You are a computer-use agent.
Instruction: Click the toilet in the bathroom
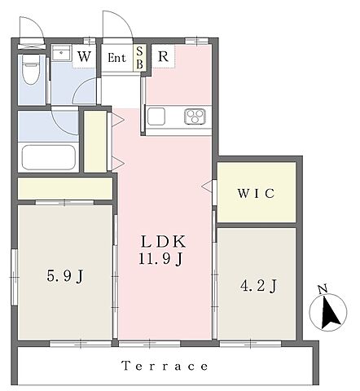[x=31, y=69]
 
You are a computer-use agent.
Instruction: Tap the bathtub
[x=48, y=157]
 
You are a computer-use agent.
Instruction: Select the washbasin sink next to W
[x=62, y=53]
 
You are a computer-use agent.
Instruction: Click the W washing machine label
[x=84, y=56]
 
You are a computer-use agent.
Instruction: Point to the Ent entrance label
[x=116, y=58]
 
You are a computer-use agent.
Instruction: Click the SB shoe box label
[x=140, y=58]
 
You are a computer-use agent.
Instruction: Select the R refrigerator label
[x=163, y=56]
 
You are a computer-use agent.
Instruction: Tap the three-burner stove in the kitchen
[x=195, y=116]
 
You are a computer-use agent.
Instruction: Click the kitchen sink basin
[x=156, y=116]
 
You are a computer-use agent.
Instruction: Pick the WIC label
[x=256, y=193]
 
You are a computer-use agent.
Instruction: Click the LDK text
[x=164, y=241]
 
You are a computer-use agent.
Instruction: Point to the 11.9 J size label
[x=160, y=259]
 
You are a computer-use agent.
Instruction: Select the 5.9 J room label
[x=64, y=277]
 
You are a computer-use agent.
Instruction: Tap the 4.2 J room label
[x=258, y=286]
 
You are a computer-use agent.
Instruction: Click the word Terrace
[x=165, y=366]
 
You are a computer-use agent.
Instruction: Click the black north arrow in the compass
[x=330, y=313]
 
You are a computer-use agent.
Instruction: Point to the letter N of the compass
[x=323, y=289]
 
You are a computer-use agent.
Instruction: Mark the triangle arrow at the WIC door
[x=207, y=187]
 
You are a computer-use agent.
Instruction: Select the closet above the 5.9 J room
[x=65, y=188]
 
